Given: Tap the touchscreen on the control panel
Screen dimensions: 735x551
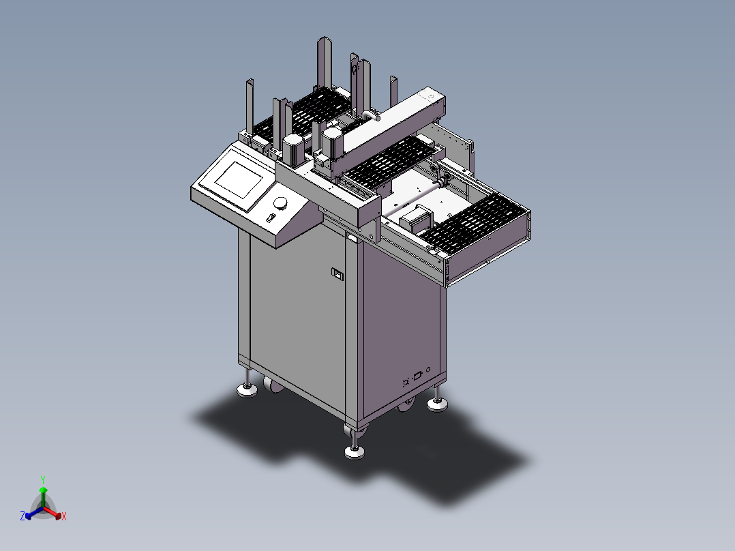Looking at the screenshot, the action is pyautogui.click(x=239, y=179).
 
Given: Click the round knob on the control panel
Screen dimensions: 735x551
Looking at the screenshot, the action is pyautogui.click(x=280, y=203).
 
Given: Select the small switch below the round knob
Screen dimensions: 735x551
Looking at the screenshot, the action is pyautogui.click(x=269, y=218).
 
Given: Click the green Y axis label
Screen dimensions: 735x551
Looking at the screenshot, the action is pyautogui.click(x=43, y=479).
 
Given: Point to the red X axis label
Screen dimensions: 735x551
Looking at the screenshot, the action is pyautogui.click(x=64, y=516).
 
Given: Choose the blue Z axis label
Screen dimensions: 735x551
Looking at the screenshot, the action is pyautogui.click(x=22, y=516).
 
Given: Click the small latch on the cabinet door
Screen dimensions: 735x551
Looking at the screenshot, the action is pyautogui.click(x=337, y=274).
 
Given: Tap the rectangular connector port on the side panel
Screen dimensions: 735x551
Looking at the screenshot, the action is pyautogui.click(x=417, y=376).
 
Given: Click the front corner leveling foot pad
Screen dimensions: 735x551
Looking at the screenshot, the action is pyautogui.click(x=355, y=452).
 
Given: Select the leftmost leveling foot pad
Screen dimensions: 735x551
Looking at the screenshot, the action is pyautogui.click(x=247, y=390).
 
